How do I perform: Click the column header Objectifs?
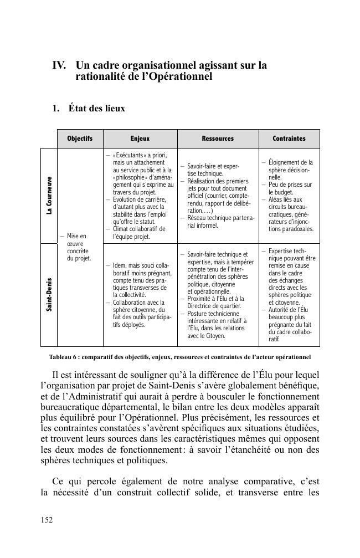80,139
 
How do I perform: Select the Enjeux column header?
140,139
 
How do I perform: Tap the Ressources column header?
217,139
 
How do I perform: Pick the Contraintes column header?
289,139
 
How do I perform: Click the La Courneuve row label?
49,196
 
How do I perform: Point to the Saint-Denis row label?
49,294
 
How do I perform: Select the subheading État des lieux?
97,109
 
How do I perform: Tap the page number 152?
48,519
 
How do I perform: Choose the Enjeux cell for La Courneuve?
140,195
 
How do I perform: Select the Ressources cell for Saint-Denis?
217,294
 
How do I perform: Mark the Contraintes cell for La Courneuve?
289,195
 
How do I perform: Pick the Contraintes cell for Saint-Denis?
289,294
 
